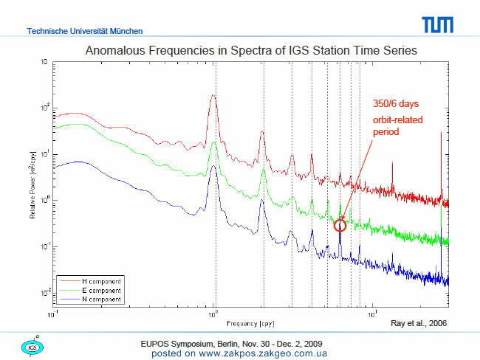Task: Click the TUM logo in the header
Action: tap(437, 25)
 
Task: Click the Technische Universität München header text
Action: tap(84, 31)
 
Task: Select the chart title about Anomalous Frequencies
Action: tap(251, 50)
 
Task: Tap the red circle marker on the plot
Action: tap(340, 226)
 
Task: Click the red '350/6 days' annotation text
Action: tap(396, 104)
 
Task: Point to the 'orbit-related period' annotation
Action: tap(397, 125)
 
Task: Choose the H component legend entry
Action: tap(91, 281)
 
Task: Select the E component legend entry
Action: tap(91, 290)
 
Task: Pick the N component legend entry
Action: tap(91, 299)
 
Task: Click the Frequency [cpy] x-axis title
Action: tap(250, 324)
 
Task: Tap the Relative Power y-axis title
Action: tap(32, 185)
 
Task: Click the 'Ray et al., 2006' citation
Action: tap(419, 323)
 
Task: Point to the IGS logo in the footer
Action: tap(32, 347)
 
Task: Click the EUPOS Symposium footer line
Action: tap(231, 344)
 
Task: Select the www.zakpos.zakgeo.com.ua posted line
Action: tap(239, 353)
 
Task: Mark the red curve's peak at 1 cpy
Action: tap(213, 95)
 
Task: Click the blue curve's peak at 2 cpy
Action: tap(261, 200)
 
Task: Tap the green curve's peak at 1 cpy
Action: tap(214, 142)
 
